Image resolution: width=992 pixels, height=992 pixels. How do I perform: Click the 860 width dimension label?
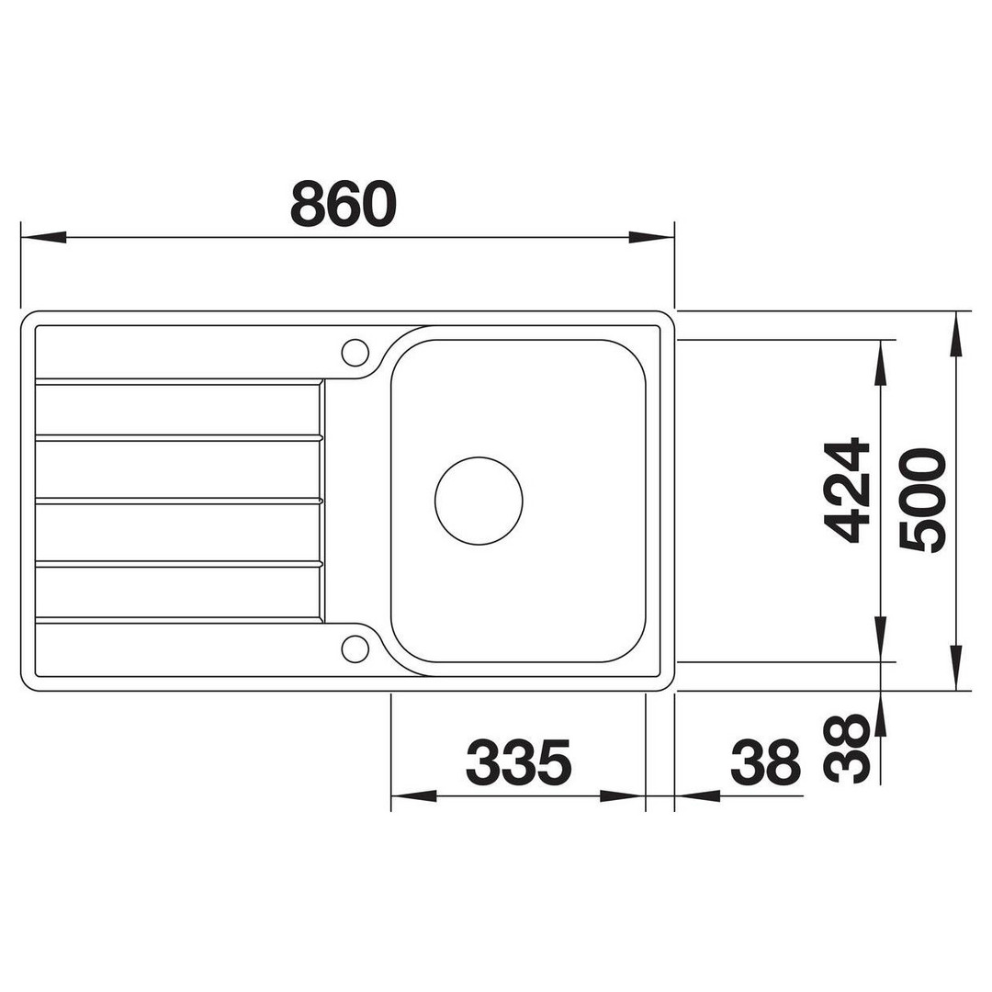pos(344,204)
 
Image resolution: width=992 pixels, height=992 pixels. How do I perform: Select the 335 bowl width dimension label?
pos(518,761)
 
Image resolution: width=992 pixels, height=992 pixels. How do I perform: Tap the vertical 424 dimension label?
pos(847,490)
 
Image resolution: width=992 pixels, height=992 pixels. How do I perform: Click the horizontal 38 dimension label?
pos(765,761)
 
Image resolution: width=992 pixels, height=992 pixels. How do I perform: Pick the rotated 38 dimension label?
pos(847,750)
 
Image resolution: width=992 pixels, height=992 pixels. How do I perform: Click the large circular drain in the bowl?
pos(479,501)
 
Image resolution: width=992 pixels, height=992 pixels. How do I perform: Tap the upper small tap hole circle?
pos(355,353)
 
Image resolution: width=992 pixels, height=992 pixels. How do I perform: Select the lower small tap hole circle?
pos(355,649)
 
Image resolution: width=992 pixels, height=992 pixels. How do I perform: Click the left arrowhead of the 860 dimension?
pos(44,238)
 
